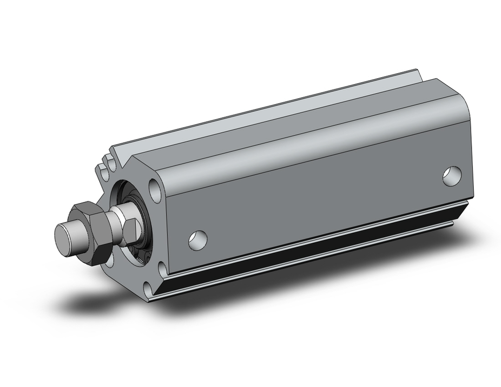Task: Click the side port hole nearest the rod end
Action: click(197, 239)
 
